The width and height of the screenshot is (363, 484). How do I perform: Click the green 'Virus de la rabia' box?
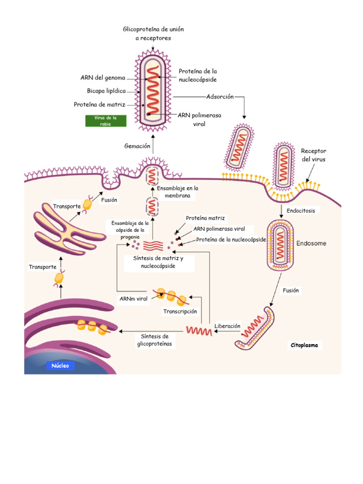105,121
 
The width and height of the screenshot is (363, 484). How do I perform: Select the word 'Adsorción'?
220,96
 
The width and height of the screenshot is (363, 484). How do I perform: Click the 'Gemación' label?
137,146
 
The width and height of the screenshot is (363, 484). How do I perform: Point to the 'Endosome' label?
311,244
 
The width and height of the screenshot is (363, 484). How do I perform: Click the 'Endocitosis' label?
301,210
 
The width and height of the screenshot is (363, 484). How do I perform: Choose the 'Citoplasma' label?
304,346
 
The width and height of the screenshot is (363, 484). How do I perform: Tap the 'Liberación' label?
227,326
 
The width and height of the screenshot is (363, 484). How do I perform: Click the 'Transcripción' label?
180,311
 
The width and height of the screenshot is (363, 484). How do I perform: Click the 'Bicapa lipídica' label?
106,91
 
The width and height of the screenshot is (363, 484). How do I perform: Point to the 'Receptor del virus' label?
313,155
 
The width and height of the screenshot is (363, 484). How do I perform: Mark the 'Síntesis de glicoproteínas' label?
155,340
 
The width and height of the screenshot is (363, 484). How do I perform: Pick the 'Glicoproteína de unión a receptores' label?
153,34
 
